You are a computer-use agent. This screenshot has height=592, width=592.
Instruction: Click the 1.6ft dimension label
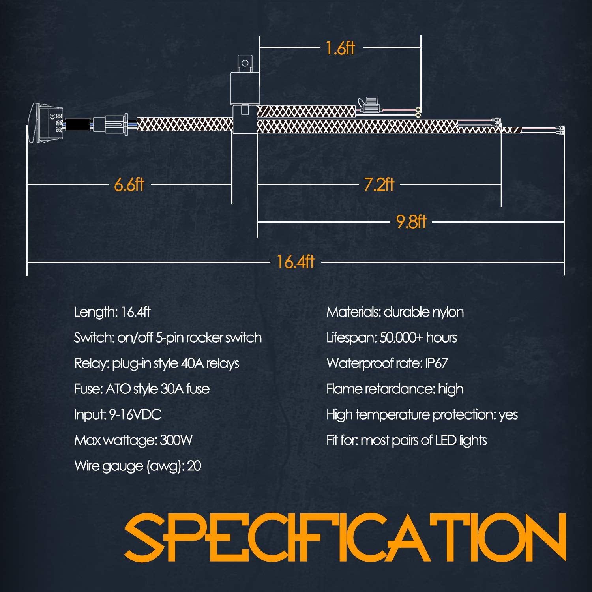pos(340,48)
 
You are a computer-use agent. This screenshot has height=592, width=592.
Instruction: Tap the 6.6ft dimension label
pos(129,184)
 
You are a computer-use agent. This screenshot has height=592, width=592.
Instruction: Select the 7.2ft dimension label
pos(379,184)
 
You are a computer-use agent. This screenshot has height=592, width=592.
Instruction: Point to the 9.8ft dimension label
pos(411,222)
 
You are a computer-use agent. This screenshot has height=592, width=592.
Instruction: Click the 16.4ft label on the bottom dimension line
pos(295,262)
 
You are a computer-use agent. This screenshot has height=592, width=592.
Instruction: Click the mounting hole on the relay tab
pos(245,63)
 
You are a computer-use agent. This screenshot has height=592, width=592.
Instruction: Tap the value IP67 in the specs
pos(436,363)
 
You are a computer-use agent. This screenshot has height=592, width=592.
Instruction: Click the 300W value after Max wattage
pos(176,440)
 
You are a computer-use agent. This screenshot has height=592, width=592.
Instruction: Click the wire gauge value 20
pos(194,466)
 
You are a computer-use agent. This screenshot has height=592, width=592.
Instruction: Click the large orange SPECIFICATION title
pos(346,537)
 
